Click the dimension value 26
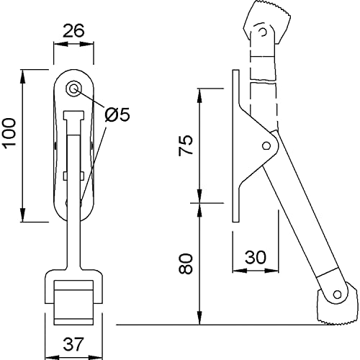pos(73,31)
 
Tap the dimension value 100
pos(9,133)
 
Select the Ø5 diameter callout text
pos(117,114)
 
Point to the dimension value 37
pos(73,344)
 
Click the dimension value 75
pos(186,145)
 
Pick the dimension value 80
pos(186,264)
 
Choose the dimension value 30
pos(256,257)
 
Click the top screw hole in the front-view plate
pos(73,89)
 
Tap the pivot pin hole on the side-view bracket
pos(266,145)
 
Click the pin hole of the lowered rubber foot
pos(337,294)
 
